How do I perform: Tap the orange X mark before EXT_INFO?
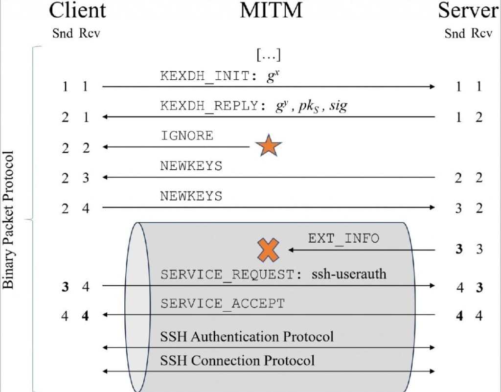[x=269, y=250]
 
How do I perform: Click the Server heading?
[x=468, y=11]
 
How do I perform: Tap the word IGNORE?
[x=187, y=136]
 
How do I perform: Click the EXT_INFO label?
[x=343, y=238]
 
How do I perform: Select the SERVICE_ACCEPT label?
[x=222, y=303]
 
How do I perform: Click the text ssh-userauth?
[x=348, y=274]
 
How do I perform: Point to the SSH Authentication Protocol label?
[x=247, y=337]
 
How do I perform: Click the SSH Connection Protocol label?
[x=237, y=361]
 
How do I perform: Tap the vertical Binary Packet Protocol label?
[x=9, y=220]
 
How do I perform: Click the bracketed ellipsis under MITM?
[x=269, y=55]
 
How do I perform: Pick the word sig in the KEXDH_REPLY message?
[x=338, y=107]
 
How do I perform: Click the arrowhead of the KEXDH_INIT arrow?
[x=432, y=87]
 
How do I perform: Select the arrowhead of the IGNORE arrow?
[x=105, y=147]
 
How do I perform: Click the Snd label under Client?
[x=62, y=34]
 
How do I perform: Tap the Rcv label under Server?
[x=481, y=34]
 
